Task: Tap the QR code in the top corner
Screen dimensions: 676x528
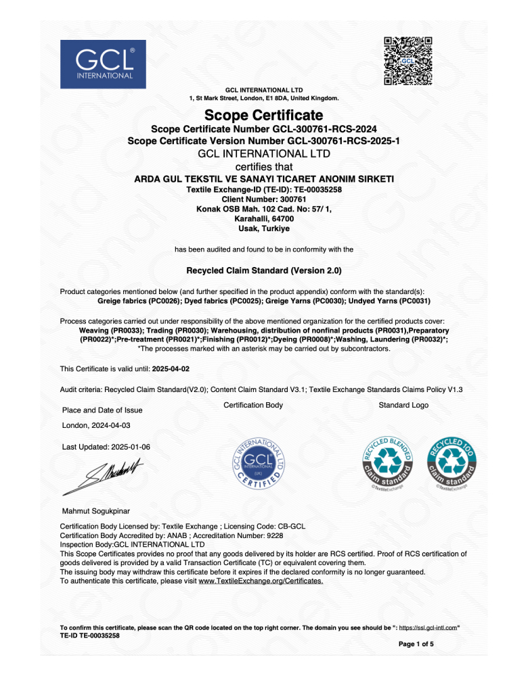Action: coord(408,61)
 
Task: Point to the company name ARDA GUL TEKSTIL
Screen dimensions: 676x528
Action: coord(264,178)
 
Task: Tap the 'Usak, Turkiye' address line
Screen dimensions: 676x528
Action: coord(264,228)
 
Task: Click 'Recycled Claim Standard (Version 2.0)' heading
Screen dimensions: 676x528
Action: coord(264,270)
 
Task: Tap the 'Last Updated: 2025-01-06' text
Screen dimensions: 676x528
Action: coord(106,448)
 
